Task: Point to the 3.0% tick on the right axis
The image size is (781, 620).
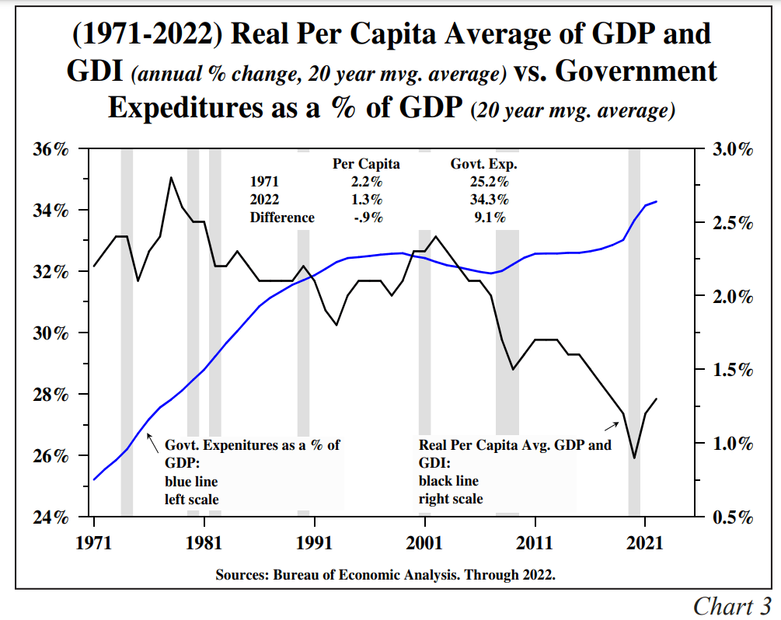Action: pyautogui.click(x=733, y=149)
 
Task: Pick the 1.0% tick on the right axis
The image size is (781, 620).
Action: pyautogui.click(x=733, y=444)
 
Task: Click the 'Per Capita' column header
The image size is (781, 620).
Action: pyautogui.click(x=366, y=164)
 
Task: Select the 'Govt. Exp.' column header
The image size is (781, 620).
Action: pyautogui.click(x=484, y=164)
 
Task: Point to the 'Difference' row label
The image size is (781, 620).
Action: pyautogui.click(x=282, y=218)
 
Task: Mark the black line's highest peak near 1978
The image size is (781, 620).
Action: pyautogui.click(x=171, y=178)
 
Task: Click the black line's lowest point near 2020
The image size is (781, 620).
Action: pyautogui.click(x=634, y=458)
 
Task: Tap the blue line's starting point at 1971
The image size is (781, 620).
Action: pyautogui.click(x=94, y=479)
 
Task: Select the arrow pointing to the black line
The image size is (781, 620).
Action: pyautogui.click(x=612, y=425)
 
